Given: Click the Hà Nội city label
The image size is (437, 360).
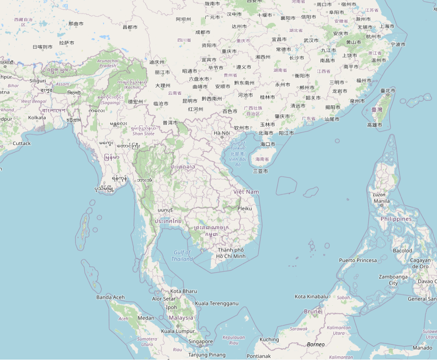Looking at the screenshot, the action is coord(222,133).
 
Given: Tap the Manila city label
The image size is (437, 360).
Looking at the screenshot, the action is coord(382,201).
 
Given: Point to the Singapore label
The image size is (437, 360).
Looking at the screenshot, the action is coord(201,341).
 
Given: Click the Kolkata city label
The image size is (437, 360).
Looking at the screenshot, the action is coord(37,118).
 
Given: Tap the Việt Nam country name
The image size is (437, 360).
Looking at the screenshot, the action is coord(246,192).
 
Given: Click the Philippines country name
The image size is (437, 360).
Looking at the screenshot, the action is coord(396,219).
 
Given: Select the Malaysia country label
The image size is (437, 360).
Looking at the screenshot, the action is coord(181,318).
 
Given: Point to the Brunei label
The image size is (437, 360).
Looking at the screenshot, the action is coord(313,311).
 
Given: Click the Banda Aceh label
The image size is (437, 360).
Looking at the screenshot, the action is coord(111,297).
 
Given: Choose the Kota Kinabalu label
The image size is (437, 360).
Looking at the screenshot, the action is coord(312,296).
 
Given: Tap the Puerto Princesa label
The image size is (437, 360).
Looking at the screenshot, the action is coord(358,260).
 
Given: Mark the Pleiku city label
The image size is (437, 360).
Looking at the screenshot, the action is coord(244,209).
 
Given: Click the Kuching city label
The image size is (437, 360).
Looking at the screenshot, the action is coord(269,340).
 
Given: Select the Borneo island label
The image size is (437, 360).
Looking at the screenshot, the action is coord(315,345).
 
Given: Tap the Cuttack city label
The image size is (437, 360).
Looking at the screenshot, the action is coord(22,143).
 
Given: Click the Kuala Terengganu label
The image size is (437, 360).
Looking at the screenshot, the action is coord(216,303).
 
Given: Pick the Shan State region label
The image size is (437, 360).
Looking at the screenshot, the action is coord(143,134).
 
